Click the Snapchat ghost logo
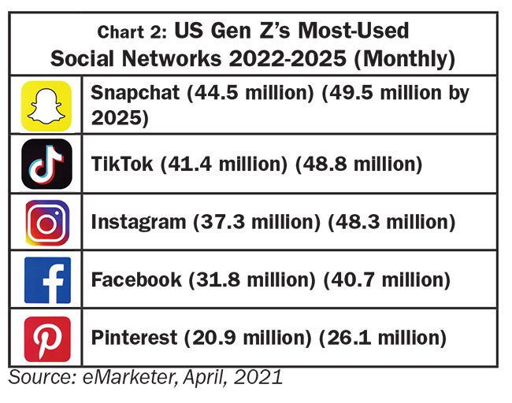coord(46,105)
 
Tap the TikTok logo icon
coord(46,163)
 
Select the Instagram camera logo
coord(46,223)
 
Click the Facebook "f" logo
coord(46,280)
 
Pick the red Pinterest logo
coord(46,338)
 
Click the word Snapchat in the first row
coord(135,93)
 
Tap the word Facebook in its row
coord(134,280)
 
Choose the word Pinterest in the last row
coord(134,338)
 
